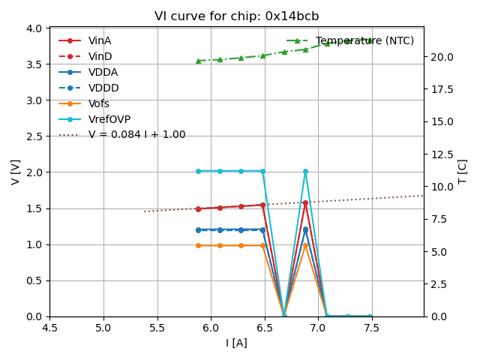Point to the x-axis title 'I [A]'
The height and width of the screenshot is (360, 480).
236,343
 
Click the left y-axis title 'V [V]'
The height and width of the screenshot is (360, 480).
16,172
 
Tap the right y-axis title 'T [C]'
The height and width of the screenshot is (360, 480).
463,172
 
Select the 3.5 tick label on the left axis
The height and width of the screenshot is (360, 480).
33,64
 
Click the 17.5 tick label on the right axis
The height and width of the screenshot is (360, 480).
442,89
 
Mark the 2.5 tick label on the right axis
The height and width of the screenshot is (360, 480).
439,284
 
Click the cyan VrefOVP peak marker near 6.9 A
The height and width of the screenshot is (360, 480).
305,171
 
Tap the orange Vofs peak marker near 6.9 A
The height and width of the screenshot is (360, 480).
305,245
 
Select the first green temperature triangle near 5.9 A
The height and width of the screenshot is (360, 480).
198,61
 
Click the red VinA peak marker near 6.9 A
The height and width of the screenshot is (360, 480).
305,202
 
